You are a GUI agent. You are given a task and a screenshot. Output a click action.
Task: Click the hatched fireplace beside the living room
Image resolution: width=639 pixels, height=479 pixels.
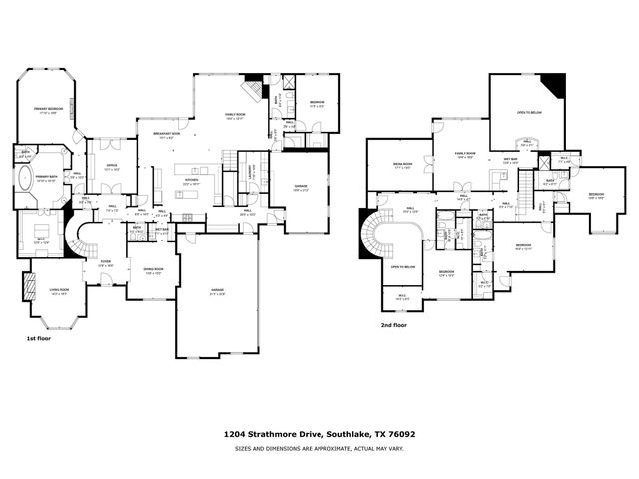[x=27, y=287]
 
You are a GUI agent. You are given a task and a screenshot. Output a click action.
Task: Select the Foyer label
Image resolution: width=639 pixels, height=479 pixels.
[x=105, y=263]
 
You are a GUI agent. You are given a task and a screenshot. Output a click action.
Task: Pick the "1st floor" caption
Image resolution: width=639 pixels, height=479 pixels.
[x=39, y=340]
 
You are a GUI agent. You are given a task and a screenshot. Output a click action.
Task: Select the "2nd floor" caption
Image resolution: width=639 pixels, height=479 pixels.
[x=393, y=325]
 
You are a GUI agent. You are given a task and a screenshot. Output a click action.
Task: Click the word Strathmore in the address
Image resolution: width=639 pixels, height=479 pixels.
[x=287, y=435]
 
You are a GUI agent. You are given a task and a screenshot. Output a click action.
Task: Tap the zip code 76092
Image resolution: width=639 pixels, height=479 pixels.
[x=404, y=435]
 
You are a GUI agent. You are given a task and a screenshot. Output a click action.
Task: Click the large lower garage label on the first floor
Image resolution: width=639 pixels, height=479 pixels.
[x=217, y=291]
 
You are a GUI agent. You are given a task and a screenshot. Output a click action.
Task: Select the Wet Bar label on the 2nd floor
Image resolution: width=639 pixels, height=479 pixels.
[x=510, y=158]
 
